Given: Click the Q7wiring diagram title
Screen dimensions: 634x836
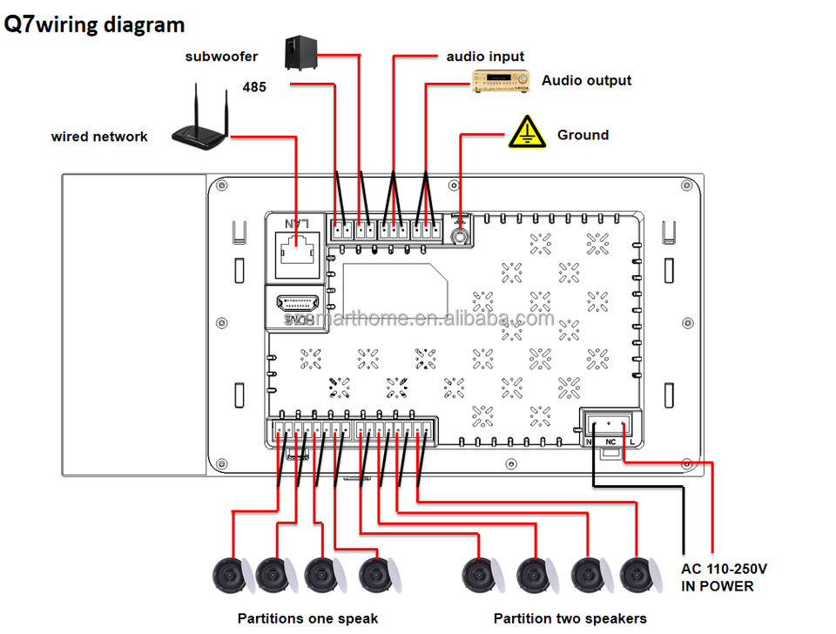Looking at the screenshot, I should (94, 24).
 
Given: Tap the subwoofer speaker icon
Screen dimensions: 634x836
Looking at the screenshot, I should (300, 52).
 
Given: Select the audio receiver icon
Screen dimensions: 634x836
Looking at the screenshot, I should (501, 82).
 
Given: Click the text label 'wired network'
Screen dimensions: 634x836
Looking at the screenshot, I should (99, 137).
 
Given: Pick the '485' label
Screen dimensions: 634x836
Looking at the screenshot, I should (253, 87).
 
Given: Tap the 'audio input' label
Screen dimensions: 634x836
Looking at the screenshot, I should (485, 57).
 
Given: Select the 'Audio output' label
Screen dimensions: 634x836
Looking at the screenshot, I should (586, 81).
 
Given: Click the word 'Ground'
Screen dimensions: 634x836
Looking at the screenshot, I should (583, 135).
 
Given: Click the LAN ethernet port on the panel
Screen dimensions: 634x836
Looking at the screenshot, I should (296, 247).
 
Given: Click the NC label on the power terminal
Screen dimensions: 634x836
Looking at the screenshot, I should (610, 442).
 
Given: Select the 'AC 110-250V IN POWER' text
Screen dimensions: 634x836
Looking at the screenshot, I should (724, 577).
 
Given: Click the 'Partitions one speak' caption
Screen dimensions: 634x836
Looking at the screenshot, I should (307, 618).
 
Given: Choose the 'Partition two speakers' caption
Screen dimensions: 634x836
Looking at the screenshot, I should (570, 618).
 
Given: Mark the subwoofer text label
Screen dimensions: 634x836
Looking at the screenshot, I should (221, 57).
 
